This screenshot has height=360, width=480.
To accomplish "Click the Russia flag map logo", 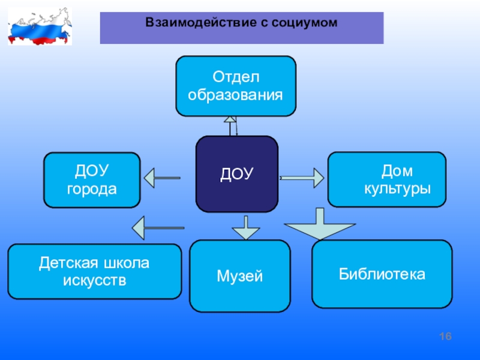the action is tap(40, 26).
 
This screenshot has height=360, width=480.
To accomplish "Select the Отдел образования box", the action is tap(236, 86).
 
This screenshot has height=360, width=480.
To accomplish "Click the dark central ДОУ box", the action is tap(237, 174).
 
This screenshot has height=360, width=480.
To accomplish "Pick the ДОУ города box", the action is tap(92, 180).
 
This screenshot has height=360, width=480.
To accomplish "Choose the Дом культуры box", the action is tap(387, 179).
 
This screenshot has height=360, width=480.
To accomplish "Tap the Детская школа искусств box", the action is tap(95, 271).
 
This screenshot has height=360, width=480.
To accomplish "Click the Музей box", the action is tap(239, 276).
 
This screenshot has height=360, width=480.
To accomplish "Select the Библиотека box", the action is tap(382, 274).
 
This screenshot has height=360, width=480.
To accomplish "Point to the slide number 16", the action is tap(445, 337).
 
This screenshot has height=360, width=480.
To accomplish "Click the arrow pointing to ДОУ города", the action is tap(162, 178).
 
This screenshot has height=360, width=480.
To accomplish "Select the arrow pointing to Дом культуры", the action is tap(302, 178).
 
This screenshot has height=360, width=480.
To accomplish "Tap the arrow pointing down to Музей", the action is tap(246, 228).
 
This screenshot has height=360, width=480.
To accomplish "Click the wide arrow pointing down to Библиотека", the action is tap(320, 224).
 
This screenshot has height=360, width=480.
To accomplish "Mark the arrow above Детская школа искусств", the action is tap(158, 228).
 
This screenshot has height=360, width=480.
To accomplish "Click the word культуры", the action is tap(398, 188).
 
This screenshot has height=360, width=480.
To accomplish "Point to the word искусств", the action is tap(95, 280).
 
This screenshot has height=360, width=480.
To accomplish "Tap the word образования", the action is tap(235, 95).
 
